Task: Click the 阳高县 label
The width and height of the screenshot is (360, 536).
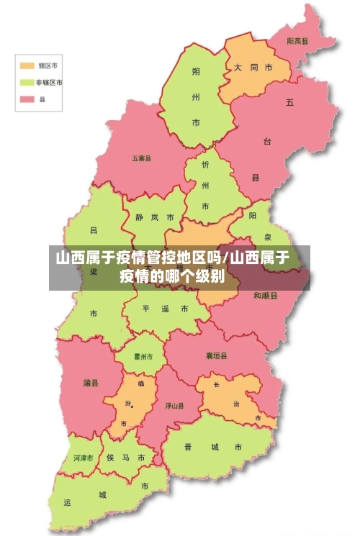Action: point(297,42)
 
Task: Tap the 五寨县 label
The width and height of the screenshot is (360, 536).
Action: point(141,158)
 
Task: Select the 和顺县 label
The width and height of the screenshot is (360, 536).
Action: point(265,296)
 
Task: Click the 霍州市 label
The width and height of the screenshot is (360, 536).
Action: point(144,356)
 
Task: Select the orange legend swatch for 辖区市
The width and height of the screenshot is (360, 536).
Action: point(27,65)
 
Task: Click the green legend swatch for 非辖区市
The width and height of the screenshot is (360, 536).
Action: point(27,83)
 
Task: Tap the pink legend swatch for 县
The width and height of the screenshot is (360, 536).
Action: point(27,100)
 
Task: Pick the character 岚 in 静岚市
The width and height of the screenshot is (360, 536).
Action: point(153,217)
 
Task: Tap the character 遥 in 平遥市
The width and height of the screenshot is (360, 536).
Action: point(165,309)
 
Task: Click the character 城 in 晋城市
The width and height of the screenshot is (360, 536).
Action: point(214,447)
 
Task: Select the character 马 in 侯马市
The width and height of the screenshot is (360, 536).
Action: point(127,458)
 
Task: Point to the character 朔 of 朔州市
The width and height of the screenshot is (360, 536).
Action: point(196,71)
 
